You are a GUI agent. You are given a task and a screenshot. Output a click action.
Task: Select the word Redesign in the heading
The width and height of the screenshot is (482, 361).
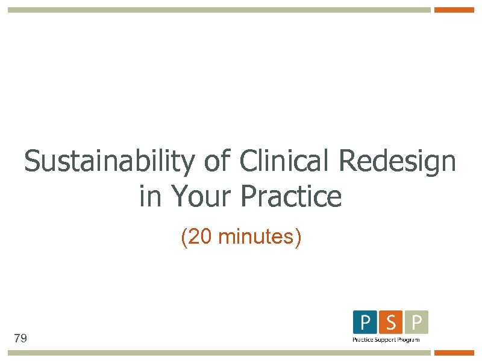tap(398, 161)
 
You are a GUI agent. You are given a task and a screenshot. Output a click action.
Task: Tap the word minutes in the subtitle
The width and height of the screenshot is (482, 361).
tap(256, 237)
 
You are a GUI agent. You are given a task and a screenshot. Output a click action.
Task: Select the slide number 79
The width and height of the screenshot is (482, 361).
tap(20, 339)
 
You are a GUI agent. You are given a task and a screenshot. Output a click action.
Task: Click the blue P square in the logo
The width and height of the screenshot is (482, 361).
tap(365, 322)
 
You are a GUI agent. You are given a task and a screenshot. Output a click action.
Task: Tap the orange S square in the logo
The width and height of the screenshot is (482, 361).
tap(390, 322)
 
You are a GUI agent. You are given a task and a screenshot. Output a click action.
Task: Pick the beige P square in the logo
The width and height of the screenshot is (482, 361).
tap(416, 322)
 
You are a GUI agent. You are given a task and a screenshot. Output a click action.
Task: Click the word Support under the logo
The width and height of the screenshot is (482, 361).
tap(386, 340)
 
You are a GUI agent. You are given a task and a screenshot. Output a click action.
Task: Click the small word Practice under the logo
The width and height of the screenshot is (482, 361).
tap(363, 340)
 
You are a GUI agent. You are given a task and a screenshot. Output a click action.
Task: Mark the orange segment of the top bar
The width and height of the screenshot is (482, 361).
tap(454, 10)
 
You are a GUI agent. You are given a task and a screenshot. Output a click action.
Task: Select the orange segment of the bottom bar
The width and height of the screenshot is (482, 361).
tap(454, 353)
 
